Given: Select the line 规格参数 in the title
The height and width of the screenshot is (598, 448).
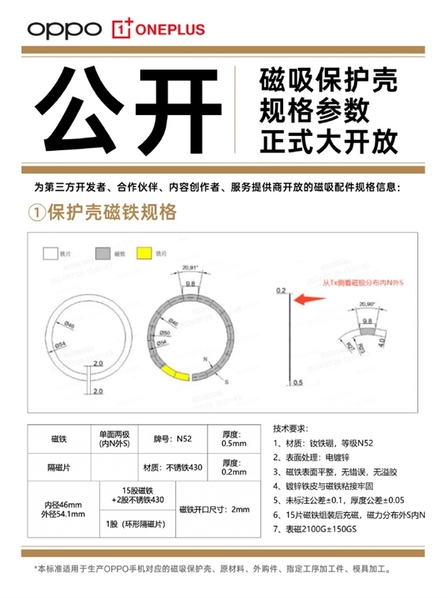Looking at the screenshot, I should click(x=314, y=111).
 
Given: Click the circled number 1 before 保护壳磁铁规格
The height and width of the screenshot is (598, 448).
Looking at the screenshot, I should click(x=37, y=213).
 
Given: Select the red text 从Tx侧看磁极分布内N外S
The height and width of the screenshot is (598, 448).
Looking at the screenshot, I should click(x=355, y=283).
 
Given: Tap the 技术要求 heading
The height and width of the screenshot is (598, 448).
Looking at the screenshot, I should click(x=292, y=429).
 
